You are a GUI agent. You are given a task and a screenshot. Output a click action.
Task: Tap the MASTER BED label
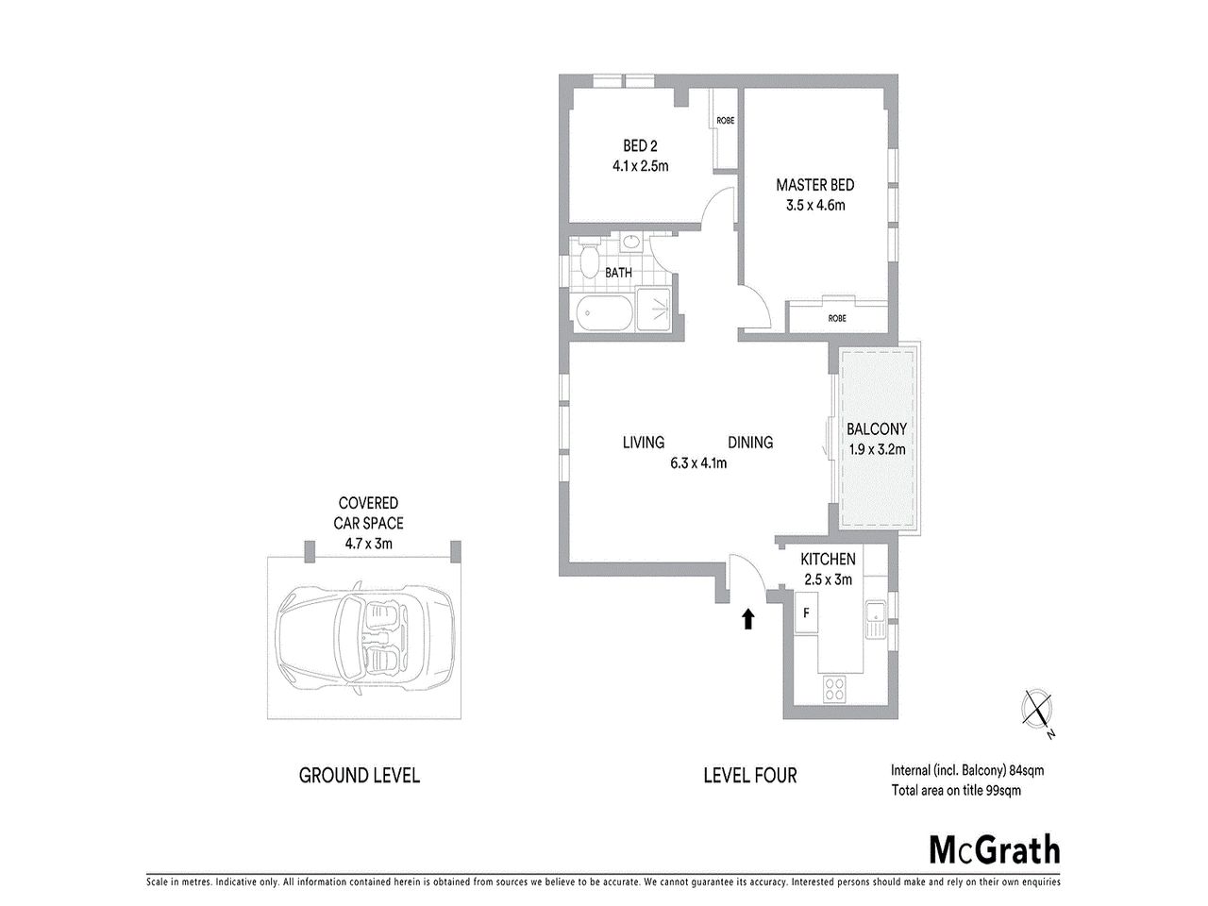(x=814, y=185)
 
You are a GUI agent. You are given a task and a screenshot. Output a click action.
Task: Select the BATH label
(x=618, y=273)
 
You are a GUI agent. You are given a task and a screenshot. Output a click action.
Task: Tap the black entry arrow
(x=748, y=618)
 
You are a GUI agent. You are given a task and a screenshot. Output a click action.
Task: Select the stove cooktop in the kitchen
(x=834, y=690)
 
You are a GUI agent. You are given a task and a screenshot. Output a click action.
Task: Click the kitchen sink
(x=873, y=618)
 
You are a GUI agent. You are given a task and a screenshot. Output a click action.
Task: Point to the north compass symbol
(x=1038, y=707)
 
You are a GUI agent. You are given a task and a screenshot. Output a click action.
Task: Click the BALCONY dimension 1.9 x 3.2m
(x=877, y=449)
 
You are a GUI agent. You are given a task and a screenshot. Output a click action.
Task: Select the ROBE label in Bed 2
(x=725, y=121)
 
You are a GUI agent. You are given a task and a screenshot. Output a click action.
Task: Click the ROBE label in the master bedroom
(x=837, y=318)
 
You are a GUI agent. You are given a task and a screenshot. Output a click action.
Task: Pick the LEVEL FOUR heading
(x=750, y=776)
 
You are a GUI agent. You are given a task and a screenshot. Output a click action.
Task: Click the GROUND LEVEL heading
(x=360, y=776)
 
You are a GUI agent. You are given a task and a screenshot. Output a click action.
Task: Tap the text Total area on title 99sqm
(x=956, y=790)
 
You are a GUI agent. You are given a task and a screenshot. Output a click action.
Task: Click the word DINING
(x=750, y=442)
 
